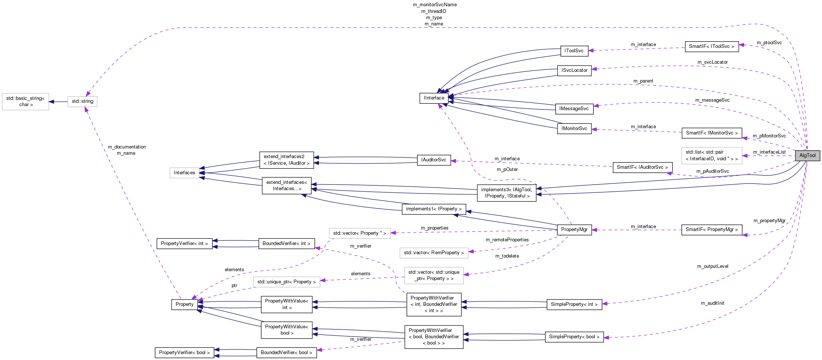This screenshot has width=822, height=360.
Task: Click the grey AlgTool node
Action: (807, 155)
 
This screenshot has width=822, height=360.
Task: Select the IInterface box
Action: (434, 98)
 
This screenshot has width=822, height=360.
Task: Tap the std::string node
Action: (82, 101)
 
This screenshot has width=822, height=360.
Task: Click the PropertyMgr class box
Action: (574, 230)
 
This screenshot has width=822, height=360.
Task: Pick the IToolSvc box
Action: (574, 51)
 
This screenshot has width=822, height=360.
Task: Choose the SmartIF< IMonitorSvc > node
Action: (712, 133)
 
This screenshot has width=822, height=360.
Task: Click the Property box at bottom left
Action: (185, 304)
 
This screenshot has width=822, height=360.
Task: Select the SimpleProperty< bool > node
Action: (574, 337)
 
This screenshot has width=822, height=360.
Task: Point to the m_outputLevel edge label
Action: (713, 266)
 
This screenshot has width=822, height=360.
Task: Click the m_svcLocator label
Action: (712, 62)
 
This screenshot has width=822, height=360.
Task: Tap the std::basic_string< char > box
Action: (25, 101)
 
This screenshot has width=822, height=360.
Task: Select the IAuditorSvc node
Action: (433, 160)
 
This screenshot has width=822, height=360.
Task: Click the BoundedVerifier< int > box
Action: (286, 244)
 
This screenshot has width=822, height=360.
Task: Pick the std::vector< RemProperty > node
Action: (433, 253)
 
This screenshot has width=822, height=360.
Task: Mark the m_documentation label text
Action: (127, 147)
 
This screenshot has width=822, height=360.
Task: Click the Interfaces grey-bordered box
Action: (184, 173)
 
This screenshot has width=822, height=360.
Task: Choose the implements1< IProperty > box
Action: (433, 209)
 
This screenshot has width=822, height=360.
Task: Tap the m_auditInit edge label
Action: (712, 303)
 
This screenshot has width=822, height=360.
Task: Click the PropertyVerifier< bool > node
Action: (184, 353)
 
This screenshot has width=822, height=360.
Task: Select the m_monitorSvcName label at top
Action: (435, 5)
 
